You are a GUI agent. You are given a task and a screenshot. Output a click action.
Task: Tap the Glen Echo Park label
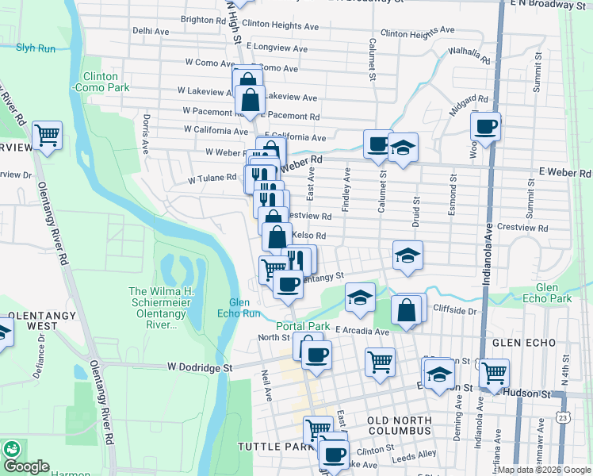(553, 293)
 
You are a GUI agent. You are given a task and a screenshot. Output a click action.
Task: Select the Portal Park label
(302, 326)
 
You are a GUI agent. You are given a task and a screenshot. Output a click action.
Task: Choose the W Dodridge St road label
(199, 367)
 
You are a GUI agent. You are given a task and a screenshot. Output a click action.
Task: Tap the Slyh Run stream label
(36, 48)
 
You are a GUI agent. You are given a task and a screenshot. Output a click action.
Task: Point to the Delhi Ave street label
(151, 31)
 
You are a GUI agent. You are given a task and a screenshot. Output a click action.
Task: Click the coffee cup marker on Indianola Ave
(485, 125)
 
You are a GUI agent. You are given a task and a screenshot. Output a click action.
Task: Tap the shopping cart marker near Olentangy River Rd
(48, 135)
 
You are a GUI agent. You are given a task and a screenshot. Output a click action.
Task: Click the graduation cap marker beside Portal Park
(360, 297)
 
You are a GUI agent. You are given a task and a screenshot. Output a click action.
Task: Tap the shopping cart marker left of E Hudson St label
(381, 361)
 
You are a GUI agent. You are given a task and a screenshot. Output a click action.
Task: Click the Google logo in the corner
(25, 466)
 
